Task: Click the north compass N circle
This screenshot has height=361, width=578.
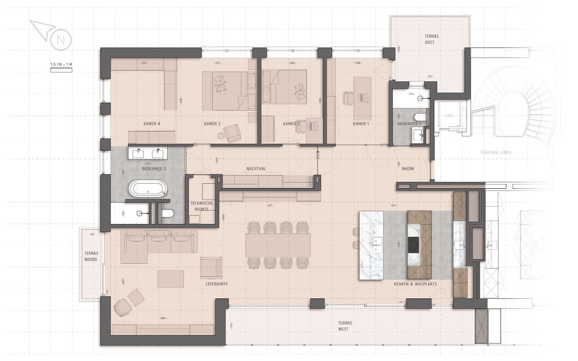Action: tap(61, 40)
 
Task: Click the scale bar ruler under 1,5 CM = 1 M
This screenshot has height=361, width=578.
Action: tap(61, 69)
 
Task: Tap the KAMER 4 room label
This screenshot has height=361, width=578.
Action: tap(152, 124)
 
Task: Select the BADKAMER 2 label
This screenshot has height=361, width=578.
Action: tap(154, 169)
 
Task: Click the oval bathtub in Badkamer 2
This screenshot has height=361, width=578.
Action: tap(148, 189)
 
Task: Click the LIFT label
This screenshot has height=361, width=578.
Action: tap(449, 116)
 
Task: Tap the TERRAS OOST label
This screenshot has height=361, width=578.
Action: tap(432, 39)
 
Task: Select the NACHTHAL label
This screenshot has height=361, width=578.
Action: tap(256, 169)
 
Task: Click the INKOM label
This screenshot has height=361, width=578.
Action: tap(408, 169)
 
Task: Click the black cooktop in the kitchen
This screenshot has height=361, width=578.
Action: tap(414, 244)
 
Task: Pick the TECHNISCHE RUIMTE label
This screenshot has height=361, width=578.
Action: tap(201, 206)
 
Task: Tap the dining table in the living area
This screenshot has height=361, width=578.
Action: tap(278, 245)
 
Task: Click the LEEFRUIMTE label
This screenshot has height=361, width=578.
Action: tap(217, 284)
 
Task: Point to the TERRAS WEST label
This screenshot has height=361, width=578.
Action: tap(345, 326)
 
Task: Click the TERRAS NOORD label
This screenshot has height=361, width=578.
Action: tap(91, 256)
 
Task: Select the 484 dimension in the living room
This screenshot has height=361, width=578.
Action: tap(163, 318)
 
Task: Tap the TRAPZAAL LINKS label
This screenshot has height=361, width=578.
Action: tap(496, 152)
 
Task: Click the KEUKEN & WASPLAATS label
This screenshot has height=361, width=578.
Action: tap(415, 284)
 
